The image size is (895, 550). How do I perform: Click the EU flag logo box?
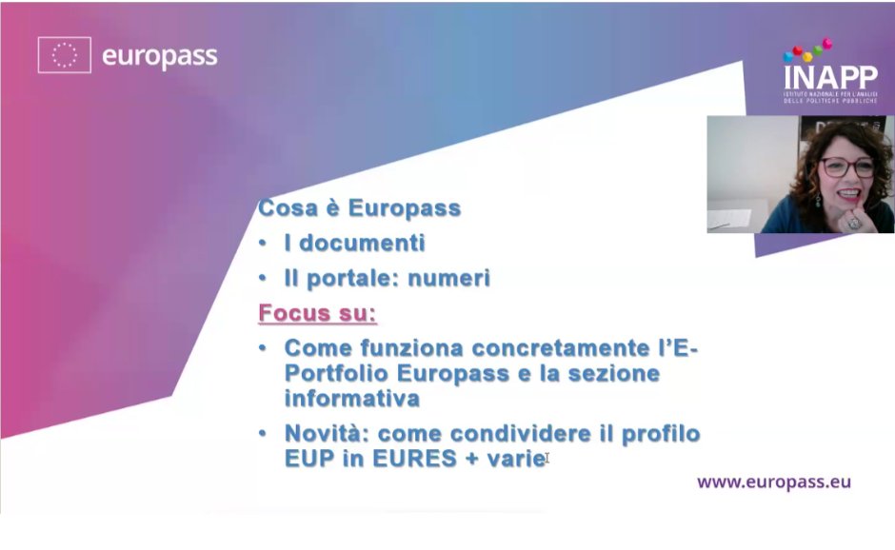click(64, 55)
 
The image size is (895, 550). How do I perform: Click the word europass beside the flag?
click(159, 56)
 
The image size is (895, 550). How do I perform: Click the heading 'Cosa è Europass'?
click(359, 208)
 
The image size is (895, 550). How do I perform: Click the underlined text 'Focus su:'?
click(317, 313)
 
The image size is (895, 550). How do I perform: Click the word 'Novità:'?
click(327, 434)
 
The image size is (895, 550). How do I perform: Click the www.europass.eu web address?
click(773, 481)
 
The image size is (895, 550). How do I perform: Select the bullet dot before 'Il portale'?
click(263, 278)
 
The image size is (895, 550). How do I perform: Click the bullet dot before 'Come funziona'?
click(263, 348)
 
